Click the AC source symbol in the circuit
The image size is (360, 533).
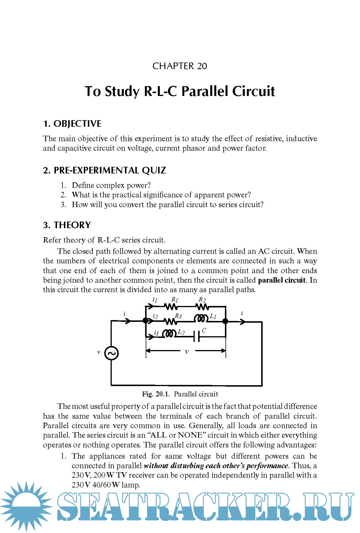point(111,353)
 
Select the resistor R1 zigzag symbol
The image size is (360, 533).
point(170,307)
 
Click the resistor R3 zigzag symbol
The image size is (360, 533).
point(170,321)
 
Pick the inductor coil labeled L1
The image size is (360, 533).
point(201,319)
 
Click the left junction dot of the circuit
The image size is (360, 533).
point(146,320)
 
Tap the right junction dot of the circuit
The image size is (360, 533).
point(226,321)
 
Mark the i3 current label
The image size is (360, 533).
point(156,333)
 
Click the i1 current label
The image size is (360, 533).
point(155,300)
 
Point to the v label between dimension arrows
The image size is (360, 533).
point(187,351)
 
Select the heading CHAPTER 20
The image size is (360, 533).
point(180,66)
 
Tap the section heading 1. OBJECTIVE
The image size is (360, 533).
point(72,124)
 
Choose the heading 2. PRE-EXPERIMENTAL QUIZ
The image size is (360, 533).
point(105,170)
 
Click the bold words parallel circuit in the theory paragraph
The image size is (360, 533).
point(282,280)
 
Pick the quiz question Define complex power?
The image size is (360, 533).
point(111,185)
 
